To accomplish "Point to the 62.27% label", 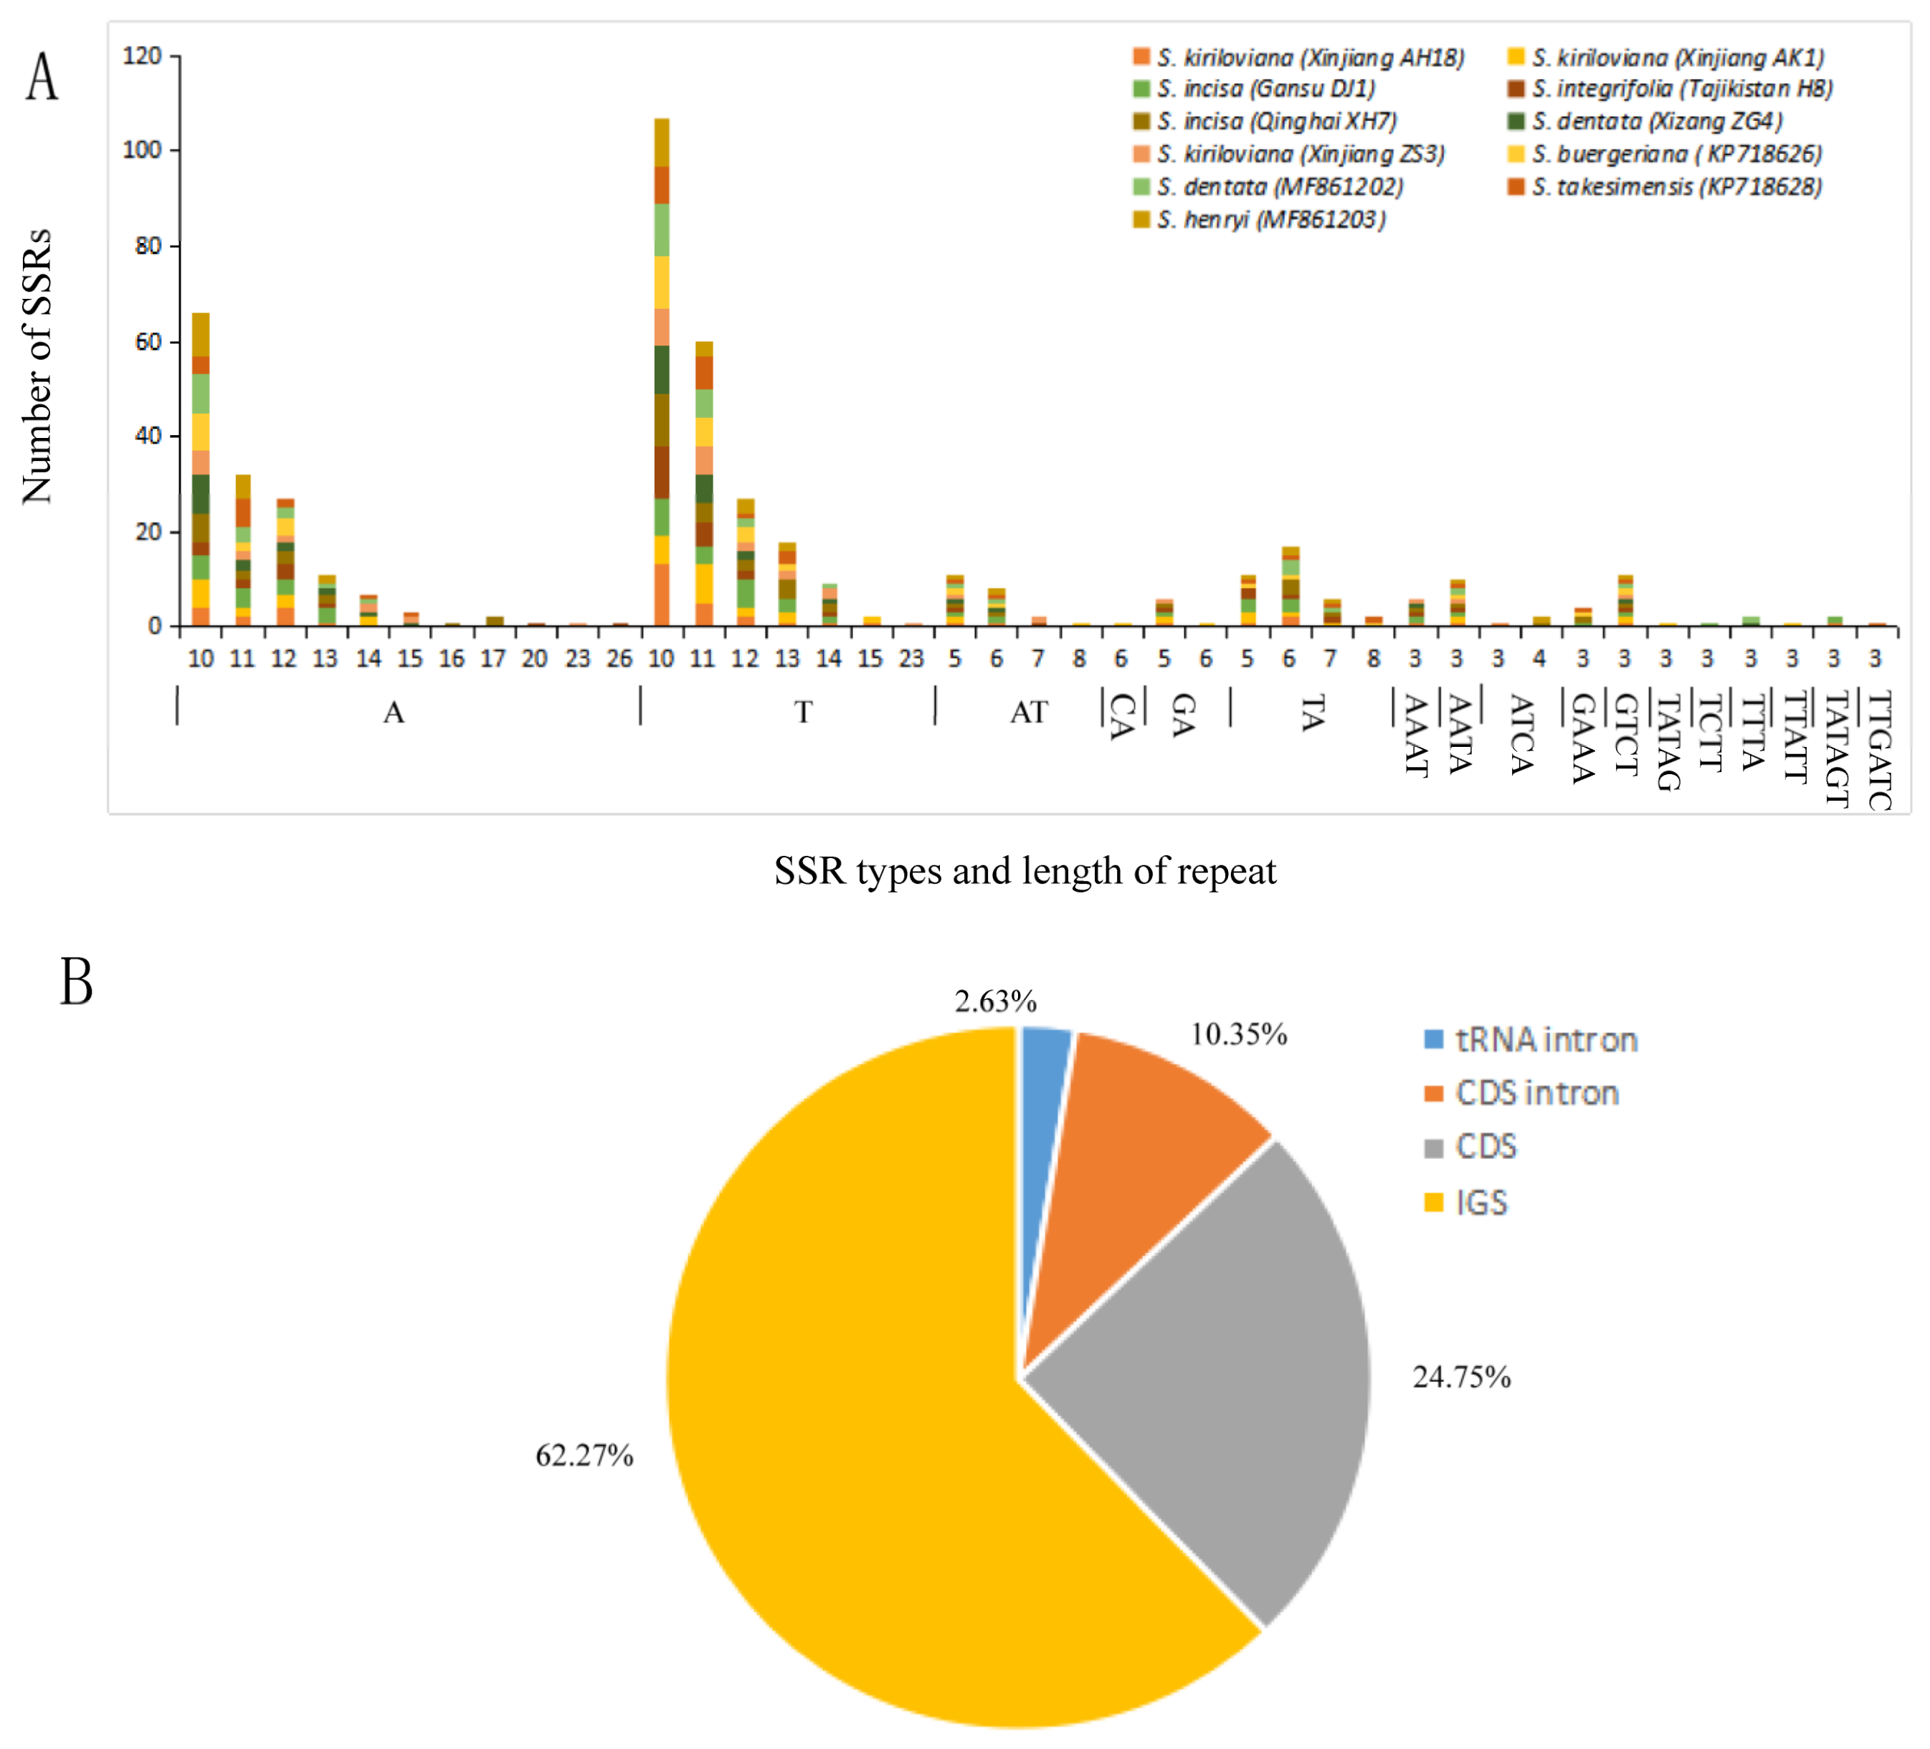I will pyautogui.click(x=584, y=1456).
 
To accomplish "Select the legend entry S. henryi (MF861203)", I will pyautogui.click(x=1270, y=220).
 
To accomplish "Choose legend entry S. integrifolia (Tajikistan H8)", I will pyautogui.click(x=1681, y=89).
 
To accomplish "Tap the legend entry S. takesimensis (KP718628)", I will pyautogui.click(x=1675, y=186).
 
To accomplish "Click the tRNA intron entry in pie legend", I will pyautogui.click(x=1545, y=1039).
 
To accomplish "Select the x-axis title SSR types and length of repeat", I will pyautogui.click(x=1025, y=871).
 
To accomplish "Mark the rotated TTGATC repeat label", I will pyautogui.click(x=1879, y=750).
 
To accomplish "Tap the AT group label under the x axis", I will pyautogui.click(x=1029, y=713).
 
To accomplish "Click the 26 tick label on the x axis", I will pyautogui.click(x=619, y=659).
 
